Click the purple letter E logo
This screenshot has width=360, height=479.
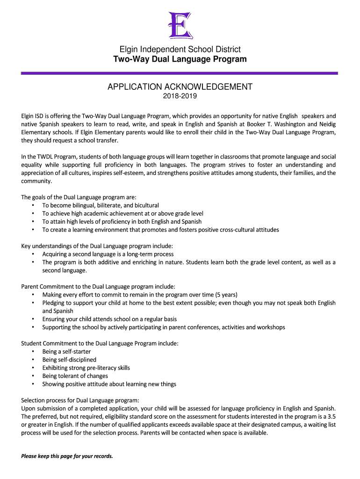(x=180, y=24)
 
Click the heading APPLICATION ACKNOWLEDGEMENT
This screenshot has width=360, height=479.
(x=180, y=87)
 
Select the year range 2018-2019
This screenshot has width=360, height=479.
(x=180, y=96)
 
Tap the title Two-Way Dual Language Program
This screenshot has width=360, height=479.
(x=180, y=59)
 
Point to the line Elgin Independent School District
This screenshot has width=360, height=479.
(x=180, y=50)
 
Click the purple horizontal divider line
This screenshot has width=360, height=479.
(x=180, y=73)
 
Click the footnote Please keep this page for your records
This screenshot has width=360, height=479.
(x=67, y=456)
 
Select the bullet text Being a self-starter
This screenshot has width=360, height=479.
(x=66, y=351)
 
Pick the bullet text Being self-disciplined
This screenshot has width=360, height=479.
(x=69, y=360)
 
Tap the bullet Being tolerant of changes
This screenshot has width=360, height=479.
(x=75, y=376)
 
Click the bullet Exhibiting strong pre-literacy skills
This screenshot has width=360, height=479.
(x=86, y=368)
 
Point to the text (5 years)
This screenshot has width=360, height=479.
(x=226, y=295)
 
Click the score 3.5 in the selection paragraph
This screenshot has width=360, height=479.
(x=331, y=417)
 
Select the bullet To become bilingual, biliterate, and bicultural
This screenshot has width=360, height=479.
(x=101, y=205)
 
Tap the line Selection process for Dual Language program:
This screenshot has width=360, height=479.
(x=80, y=400)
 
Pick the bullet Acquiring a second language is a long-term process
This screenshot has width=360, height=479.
(x=108, y=254)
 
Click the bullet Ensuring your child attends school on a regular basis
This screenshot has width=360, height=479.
(x=109, y=319)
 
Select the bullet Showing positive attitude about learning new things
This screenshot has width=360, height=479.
(x=109, y=384)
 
